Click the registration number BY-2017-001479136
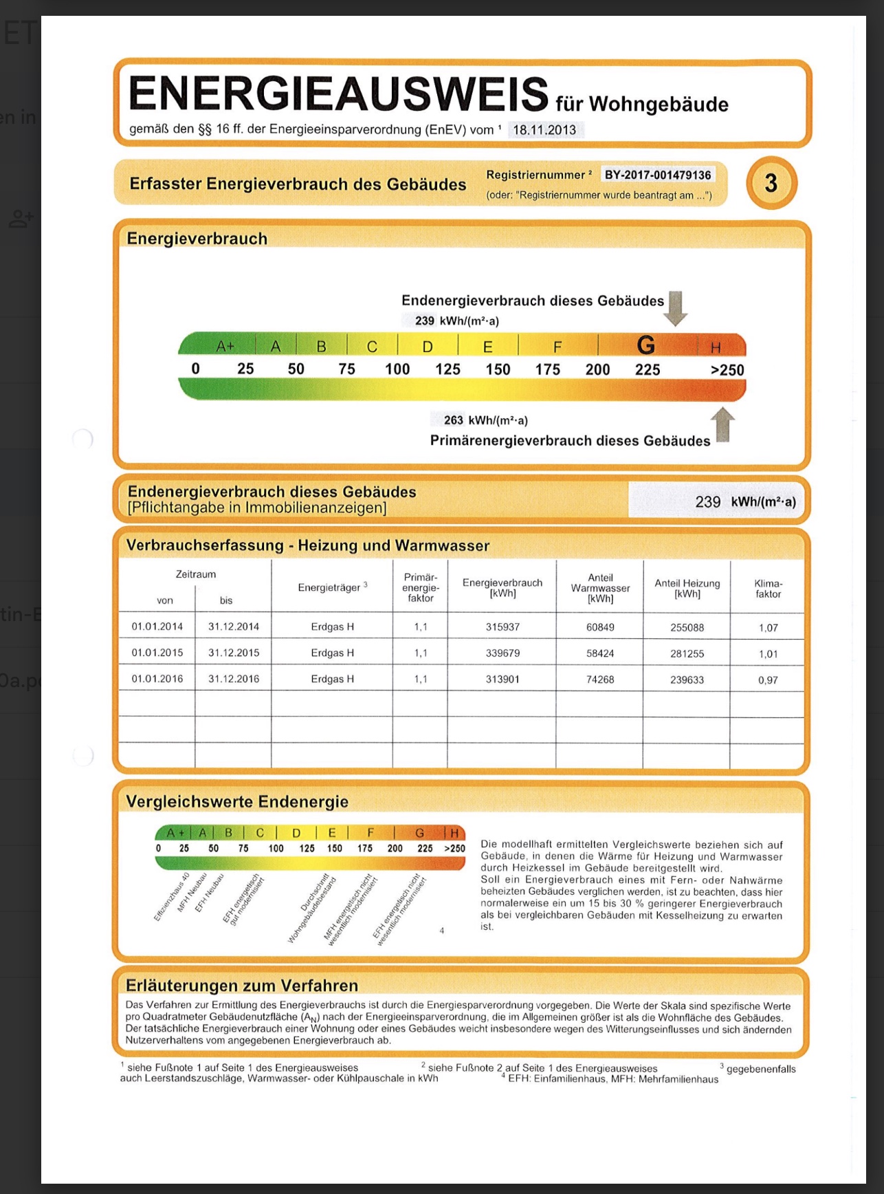pyautogui.click(x=657, y=175)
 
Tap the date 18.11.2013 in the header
pyautogui.click(x=544, y=129)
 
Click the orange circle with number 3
pyautogui.click(x=771, y=183)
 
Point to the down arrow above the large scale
pyautogui.click(x=676, y=308)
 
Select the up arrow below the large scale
pyautogui.click(x=722, y=425)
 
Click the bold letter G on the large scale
pyautogui.click(x=646, y=345)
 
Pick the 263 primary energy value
pyautogui.click(x=453, y=420)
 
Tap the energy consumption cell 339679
pyautogui.click(x=502, y=653)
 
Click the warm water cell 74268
pyautogui.click(x=600, y=679)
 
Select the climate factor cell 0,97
pyautogui.click(x=768, y=680)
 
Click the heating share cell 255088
pyautogui.click(x=687, y=627)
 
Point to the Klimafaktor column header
pyautogui.click(x=768, y=589)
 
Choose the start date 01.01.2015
pyautogui.click(x=157, y=653)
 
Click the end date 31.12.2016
pyautogui.click(x=234, y=679)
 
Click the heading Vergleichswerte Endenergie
pyautogui.click(x=237, y=801)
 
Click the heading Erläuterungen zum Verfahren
pyautogui.click(x=242, y=985)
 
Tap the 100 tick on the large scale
pyautogui.click(x=397, y=369)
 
